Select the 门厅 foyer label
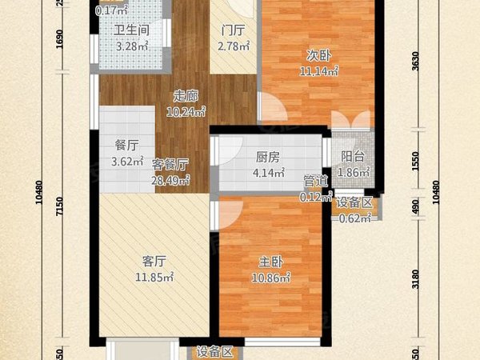pyautogui.click(x=233, y=32)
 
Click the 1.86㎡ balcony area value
pyautogui.click(x=353, y=172)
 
